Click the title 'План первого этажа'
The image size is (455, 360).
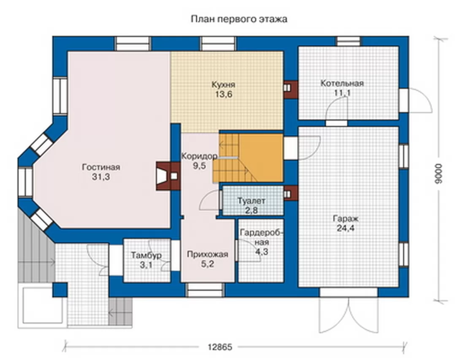[239, 19]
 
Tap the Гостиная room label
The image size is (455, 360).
[101, 167]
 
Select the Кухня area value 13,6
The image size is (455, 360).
[223, 94]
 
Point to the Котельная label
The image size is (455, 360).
[342, 83]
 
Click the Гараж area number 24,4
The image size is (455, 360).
[345, 228]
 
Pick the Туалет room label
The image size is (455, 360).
[251, 201]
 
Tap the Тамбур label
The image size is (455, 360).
[146, 255]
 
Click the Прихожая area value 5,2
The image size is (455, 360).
[208, 264]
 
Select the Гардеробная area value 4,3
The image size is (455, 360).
[261, 252]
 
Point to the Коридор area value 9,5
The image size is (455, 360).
[199, 166]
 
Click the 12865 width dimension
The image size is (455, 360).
[220, 347]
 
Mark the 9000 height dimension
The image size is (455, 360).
[439, 174]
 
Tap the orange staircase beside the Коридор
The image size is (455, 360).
[248, 158]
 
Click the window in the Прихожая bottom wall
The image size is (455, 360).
[205, 290]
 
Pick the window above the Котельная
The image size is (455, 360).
[348, 41]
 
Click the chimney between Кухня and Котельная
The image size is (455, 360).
[290, 90]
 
